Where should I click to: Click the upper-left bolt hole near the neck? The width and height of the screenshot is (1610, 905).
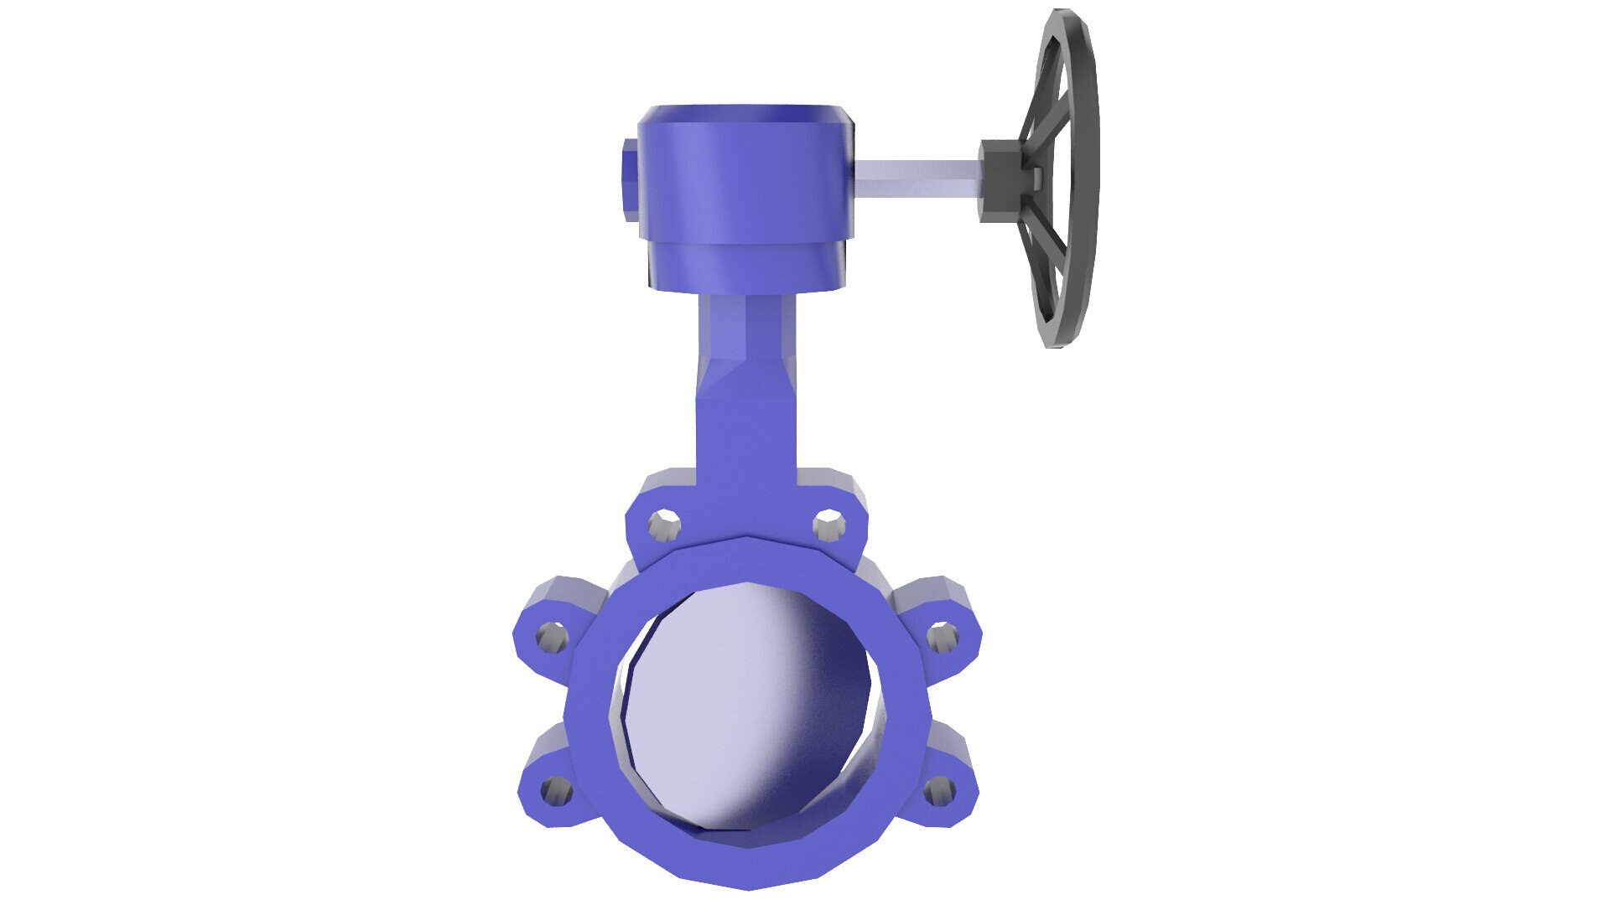click(664, 525)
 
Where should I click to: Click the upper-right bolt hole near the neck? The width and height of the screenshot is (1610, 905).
click(828, 525)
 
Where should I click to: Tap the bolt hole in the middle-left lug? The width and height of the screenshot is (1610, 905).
click(551, 639)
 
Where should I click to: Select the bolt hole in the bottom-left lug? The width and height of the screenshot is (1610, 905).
click(554, 789)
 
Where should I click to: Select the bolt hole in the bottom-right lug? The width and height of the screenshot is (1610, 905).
click(939, 789)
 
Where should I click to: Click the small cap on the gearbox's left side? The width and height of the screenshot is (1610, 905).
click(630, 180)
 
